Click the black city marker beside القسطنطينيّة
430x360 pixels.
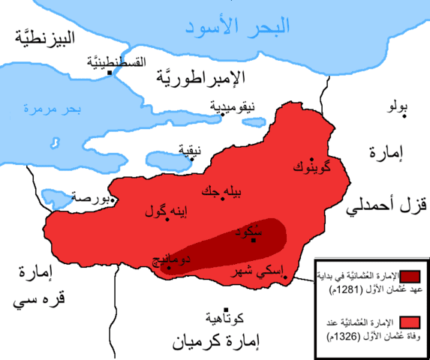[x=112, y=73]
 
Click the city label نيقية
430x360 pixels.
[x=189, y=148]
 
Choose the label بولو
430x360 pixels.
[x=396, y=107]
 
